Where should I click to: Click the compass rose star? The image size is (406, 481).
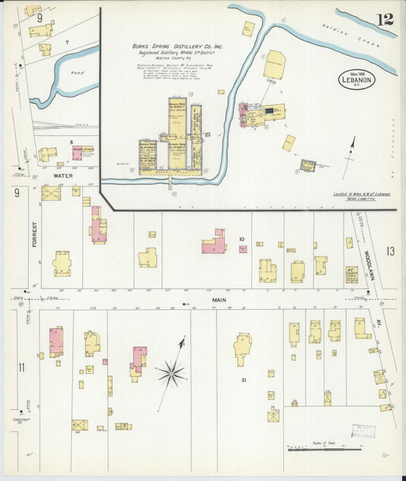(172, 373)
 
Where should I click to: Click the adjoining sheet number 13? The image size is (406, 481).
(391, 251)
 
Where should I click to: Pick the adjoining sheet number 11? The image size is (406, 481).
(21, 368)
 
